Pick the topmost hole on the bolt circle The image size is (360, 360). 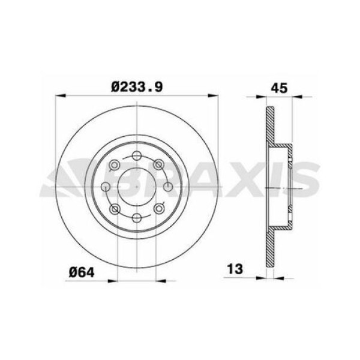tap(137, 157)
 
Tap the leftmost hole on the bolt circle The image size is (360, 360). tap(107, 187)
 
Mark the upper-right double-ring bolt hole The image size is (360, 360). tap(158, 164)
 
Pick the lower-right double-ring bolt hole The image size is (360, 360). tap(158, 209)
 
